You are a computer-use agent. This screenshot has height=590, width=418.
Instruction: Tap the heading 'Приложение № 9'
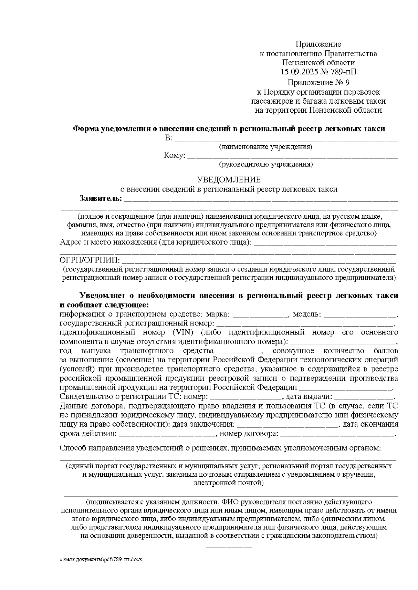coord(318,83)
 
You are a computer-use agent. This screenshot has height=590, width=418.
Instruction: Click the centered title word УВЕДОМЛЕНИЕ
coord(229,180)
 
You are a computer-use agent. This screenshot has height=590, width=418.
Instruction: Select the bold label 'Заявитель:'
coord(101,199)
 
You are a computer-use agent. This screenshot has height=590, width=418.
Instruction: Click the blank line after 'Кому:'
coord(293,156)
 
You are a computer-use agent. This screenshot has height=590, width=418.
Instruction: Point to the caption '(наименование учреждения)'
coord(265,147)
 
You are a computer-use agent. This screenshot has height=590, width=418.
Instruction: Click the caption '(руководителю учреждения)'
coord(266,164)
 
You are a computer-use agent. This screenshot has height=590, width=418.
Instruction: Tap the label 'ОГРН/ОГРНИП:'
coord(90,260)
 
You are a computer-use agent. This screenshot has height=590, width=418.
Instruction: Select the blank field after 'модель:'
coord(360,315)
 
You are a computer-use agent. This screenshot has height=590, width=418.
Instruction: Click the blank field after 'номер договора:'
coord(337,434)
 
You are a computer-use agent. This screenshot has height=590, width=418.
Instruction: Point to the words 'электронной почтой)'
coord(229,483)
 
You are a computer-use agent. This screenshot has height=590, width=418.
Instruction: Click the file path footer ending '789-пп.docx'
coord(101,559)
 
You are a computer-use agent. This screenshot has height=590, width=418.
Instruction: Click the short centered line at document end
coord(229,548)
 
